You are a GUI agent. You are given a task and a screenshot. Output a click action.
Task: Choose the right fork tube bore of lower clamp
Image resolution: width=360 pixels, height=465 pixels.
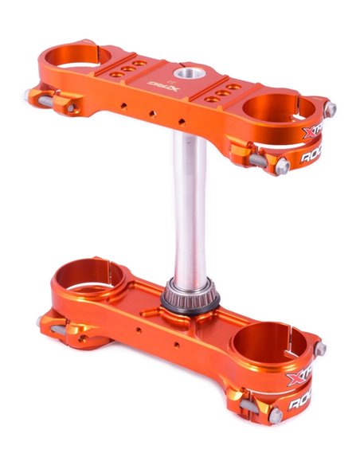pyautogui.click(x=264, y=343)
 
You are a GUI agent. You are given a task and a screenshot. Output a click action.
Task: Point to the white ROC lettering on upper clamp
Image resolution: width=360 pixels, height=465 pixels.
pyautogui.click(x=315, y=158)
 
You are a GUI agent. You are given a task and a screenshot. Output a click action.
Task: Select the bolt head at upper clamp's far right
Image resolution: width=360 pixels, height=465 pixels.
pyautogui.click(x=331, y=109)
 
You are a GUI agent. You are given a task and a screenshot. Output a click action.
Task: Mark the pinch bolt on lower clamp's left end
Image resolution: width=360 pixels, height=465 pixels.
pyautogui.click(x=43, y=322)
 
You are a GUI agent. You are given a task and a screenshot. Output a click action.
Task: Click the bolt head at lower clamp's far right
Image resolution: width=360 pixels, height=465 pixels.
pyautogui.click(x=320, y=349)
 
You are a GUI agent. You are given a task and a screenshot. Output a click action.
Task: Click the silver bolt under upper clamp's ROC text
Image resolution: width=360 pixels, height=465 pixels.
pyautogui.click(x=280, y=165)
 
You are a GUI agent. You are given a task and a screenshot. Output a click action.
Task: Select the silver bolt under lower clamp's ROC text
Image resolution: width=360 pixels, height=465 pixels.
pyautogui.click(x=275, y=416)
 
